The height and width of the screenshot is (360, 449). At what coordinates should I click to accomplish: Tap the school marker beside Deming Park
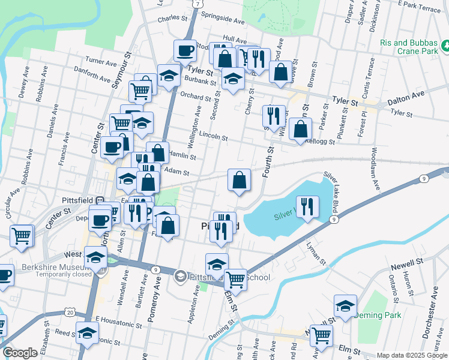pyautogui.click(x=346, y=307)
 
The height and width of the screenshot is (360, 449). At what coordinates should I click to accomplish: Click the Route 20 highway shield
pyautogui.click(x=70, y=313)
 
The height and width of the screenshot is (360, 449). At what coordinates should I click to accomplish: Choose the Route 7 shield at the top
pyautogui.click(x=197, y=4)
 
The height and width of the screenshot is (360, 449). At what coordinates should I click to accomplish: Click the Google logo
pyautogui.click(x=20, y=353)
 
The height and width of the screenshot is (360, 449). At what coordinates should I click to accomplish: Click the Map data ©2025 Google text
pyautogui.click(x=411, y=355)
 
